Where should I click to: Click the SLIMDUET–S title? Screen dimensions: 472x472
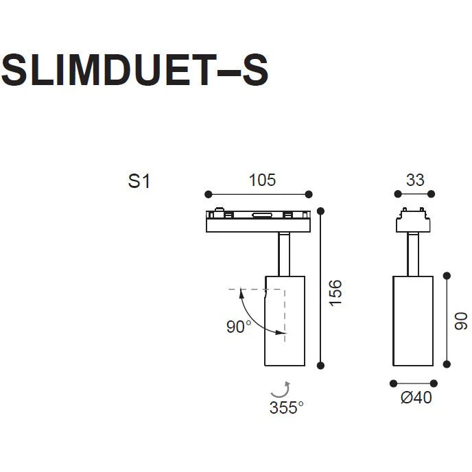click(134, 70)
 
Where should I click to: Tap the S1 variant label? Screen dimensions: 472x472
click(139, 181)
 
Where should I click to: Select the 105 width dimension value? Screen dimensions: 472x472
click(262, 180)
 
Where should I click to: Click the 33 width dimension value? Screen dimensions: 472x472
click(415, 180)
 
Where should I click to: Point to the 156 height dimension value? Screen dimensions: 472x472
click(335, 293)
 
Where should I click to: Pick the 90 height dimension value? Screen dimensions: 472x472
click(461, 321)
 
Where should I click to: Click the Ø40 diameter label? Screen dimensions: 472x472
click(416, 397)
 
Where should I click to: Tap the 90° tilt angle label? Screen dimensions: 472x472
click(239, 327)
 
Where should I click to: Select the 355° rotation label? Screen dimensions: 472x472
click(286, 408)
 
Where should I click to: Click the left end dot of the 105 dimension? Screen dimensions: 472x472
click(208, 194)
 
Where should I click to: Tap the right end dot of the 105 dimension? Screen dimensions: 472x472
click(309, 194)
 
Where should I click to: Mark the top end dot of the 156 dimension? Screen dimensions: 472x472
click(320, 211)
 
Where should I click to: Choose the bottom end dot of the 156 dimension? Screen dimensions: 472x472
click(320, 366)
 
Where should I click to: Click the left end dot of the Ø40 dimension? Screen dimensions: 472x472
click(393, 383)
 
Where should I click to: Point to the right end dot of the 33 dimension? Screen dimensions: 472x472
click(431, 194)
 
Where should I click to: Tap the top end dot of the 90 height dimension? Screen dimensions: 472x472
click(447, 275)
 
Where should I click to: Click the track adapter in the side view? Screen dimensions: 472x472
click(413, 220)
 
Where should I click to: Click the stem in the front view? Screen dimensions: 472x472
click(284, 254)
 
